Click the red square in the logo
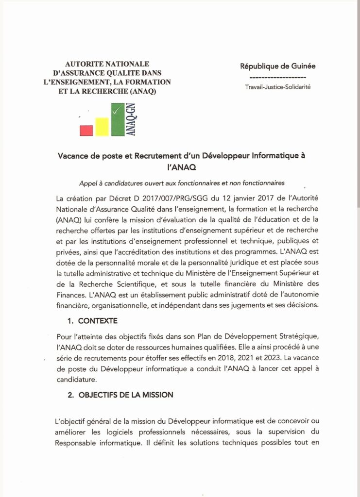[86, 130]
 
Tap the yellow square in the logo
[102, 127]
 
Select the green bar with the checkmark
[117, 119]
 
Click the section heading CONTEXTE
[98, 321]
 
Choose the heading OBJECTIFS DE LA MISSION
[125, 395]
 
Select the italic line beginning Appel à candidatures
[182, 183]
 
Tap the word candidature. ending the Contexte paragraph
[77, 380]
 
